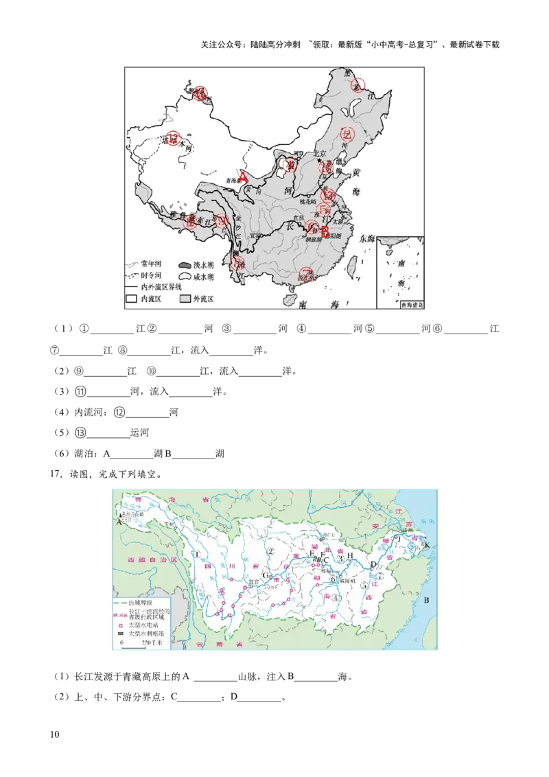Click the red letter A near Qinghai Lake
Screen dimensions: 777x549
point(244,176)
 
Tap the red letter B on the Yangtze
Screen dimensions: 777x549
point(324,231)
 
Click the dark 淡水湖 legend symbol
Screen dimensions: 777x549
point(185,265)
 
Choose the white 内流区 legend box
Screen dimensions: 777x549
point(132,299)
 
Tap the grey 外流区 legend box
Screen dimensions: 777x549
point(185,299)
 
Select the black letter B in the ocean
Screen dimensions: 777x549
point(426,601)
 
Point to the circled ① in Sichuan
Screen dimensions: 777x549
point(197,555)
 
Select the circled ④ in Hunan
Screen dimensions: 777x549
point(336,597)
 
